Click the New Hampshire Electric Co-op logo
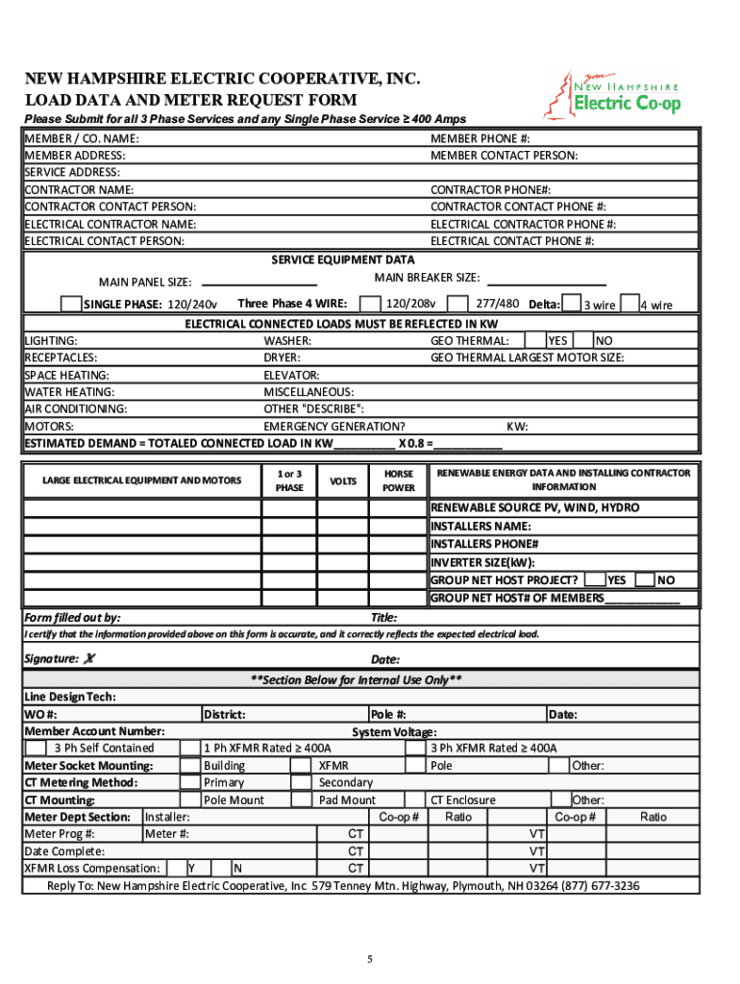pyautogui.click(x=624, y=93)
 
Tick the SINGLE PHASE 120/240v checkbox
pyautogui.click(x=70, y=304)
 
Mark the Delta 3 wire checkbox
pyautogui.click(x=571, y=304)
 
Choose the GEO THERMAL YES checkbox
pyautogui.click(x=535, y=340)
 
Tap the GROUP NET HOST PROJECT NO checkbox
pyautogui.click(x=644, y=579)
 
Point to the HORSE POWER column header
pyautogui.click(x=399, y=480)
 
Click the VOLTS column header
pyautogui.click(x=343, y=480)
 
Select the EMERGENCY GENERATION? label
pyautogui.click(x=333, y=427)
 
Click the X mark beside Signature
pyautogui.click(x=90, y=658)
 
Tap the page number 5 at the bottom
pyautogui.click(x=369, y=959)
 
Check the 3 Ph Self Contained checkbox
pyautogui.click(x=35, y=748)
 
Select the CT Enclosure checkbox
pyautogui.click(x=416, y=799)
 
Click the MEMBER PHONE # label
pyautogui.click(x=481, y=138)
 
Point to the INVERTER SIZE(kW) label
pyautogui.click(x=482, y=562)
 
